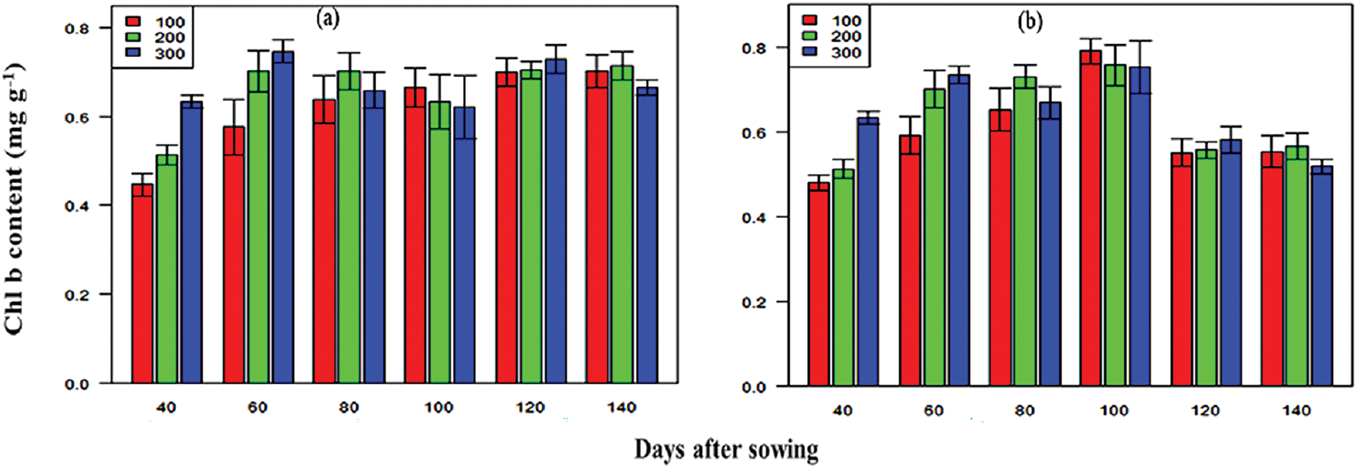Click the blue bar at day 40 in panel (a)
tap(191, 242)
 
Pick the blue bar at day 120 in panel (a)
tap(555, 221)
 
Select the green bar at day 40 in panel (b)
tap(843, 278)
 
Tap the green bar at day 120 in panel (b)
tap(1205, 268)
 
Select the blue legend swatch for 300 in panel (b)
tap(810, 52)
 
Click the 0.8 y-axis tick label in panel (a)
tap(77, 28)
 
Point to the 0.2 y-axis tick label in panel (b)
tap(753, 302)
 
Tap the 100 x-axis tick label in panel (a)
tap(439, 407)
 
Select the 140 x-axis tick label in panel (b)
tap(1296, 410)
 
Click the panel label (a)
tap(328, 19)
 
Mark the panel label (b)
tap(1029, 22)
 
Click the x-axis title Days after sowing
tap(726, 449)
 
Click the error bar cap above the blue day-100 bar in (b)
tap(1140, 41)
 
